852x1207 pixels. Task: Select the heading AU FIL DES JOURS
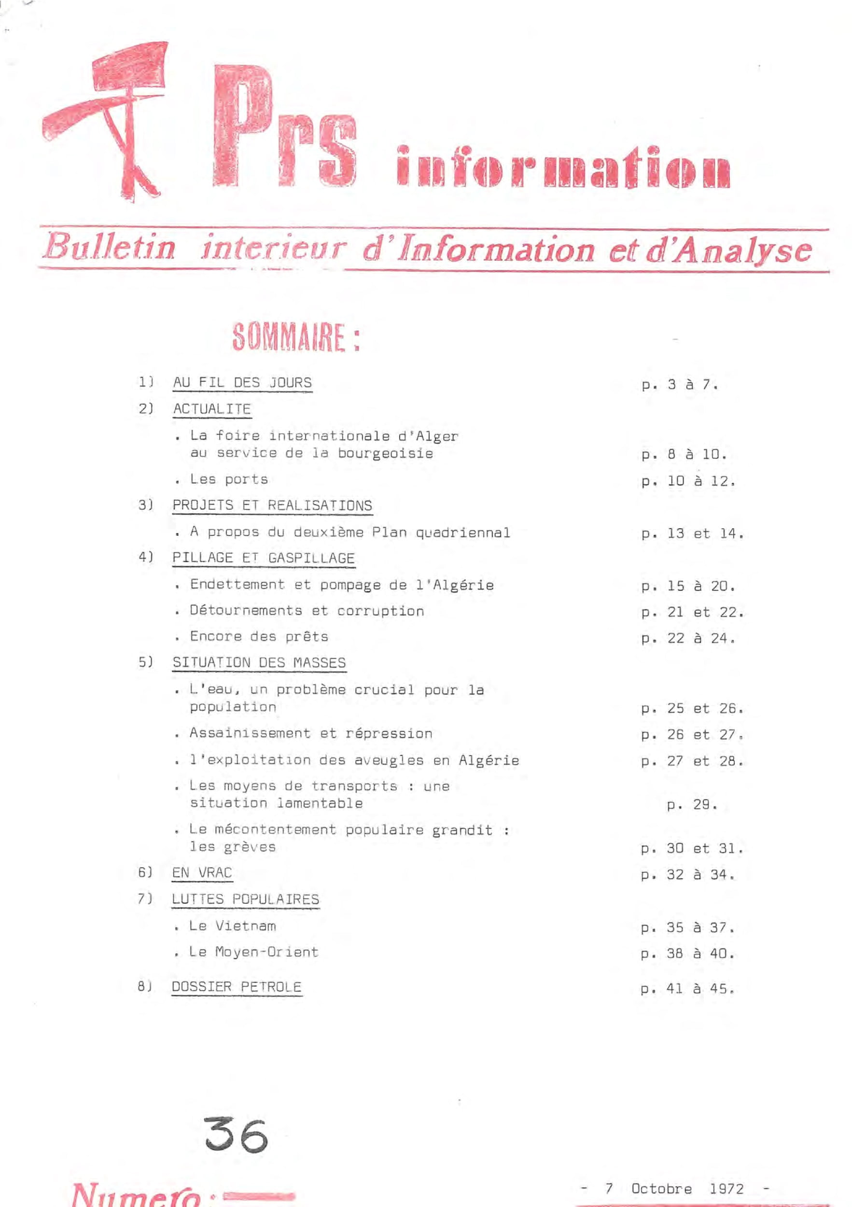click(242, 383)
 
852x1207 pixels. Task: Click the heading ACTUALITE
click(212, 409)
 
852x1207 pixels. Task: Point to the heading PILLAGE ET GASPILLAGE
click(264, 558)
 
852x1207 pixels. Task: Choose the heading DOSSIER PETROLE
click(237, 987)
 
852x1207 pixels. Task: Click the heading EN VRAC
click(202, 872)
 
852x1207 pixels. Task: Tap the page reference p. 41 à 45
click(686, 989)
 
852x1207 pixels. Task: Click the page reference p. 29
click(692, 804)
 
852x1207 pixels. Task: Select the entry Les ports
click(229, 479)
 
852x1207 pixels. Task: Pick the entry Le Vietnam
click(232, 926)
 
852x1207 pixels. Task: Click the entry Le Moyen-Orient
click(253, 952)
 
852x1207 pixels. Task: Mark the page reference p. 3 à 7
click(679, 385)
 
